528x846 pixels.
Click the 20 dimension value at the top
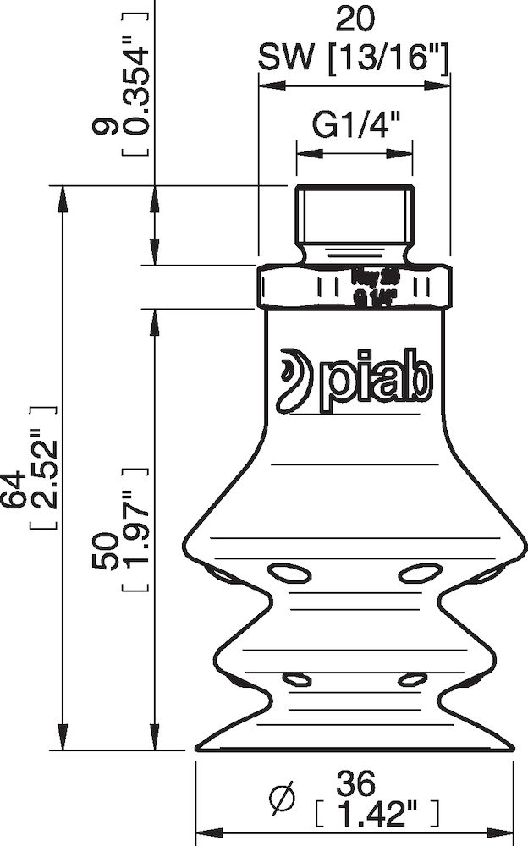(x=354, y=19)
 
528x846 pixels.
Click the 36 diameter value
(x=355, y=783)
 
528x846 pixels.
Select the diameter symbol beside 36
(x=280, y=798)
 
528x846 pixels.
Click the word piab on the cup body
(x=377, y=381)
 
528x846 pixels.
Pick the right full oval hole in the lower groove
(x=413, y=679)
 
